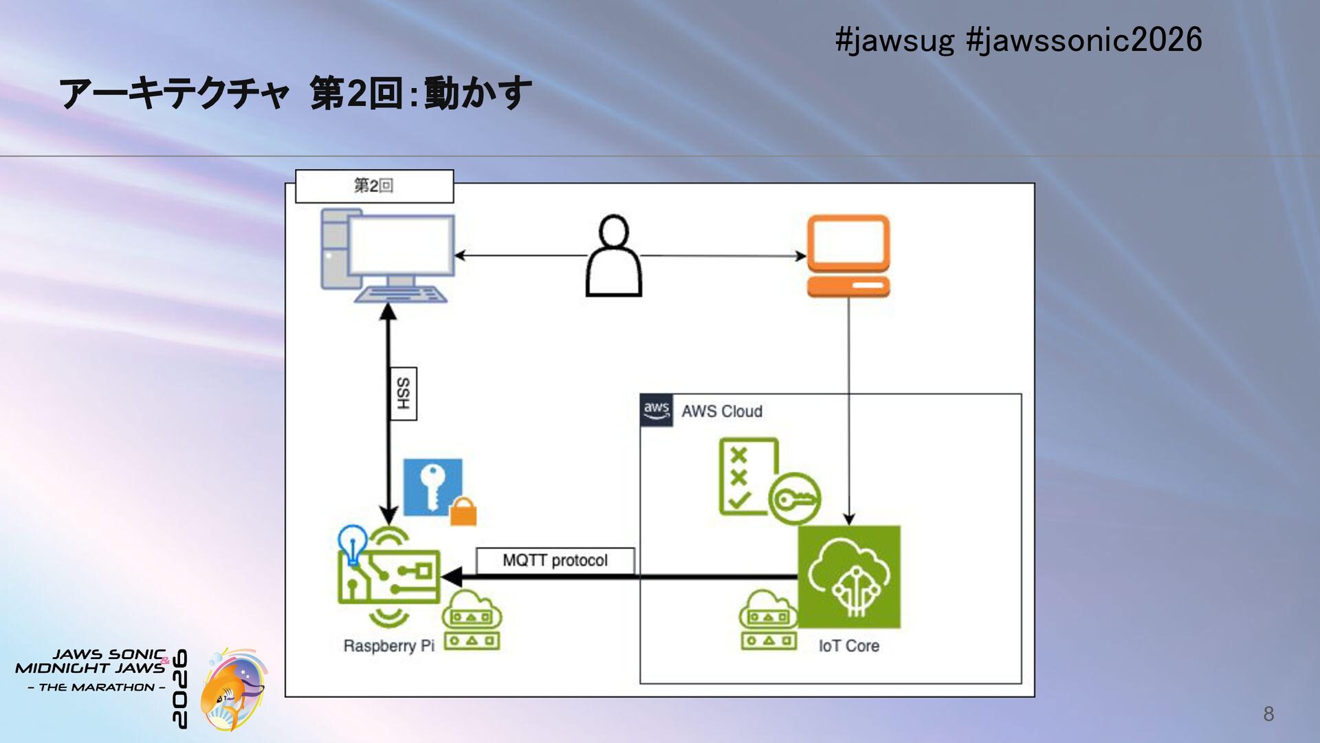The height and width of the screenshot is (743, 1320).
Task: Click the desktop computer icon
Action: [x=388, y=256]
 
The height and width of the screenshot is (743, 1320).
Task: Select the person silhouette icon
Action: [x=614, y=256]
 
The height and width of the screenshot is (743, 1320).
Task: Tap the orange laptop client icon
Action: [x=848, y=256]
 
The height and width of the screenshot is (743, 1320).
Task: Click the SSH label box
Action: [x=404, y=394]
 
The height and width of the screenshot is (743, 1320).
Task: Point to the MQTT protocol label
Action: [x=555, y=560]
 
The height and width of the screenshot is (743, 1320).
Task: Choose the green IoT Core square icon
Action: [x=849, y=577]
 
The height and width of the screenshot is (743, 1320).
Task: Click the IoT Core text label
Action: [x=849, y=646]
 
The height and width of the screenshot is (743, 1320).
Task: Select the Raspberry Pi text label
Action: [x=388, y=646]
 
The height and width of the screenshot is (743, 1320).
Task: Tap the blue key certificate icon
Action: [x=432, y=487]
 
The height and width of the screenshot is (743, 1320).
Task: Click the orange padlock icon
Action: [x=463, y=512]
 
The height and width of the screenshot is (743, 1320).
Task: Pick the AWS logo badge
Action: [x=657, y=411]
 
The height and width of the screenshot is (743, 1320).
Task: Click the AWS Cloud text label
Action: [x=722, y=411]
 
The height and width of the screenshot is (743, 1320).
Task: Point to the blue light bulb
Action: [x=353, y=544]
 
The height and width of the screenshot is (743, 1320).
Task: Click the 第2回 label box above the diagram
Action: [x=375, y=186]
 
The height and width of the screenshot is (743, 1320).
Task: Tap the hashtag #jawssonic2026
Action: [x=1084, y=40]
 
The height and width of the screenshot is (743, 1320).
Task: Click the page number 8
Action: [x=1268, y=714]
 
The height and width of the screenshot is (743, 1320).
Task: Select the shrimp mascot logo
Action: [x=232, y=689]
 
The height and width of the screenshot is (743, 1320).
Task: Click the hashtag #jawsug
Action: [x=894, y=41]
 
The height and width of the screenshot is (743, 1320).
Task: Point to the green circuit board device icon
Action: [x=388, y=577]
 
